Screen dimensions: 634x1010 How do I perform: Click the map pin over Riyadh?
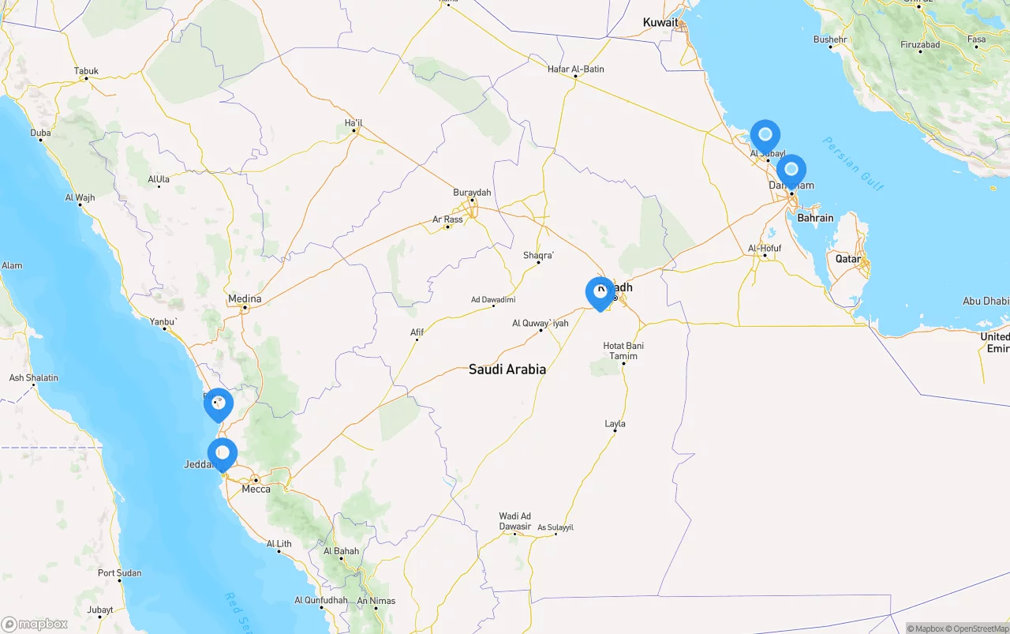(x=600, y=293)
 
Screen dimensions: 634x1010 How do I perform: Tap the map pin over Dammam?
(x=791, y=170)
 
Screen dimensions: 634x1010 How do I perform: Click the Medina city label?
(x=244, y=298)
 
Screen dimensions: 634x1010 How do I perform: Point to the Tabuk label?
(x=86, y=71)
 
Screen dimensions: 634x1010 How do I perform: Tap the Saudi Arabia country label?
(x=507, y=369)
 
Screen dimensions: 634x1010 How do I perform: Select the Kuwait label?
(x=660, y=22)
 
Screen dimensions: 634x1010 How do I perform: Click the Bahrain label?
(x=815, y=218)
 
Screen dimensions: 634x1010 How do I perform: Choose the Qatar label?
(x=848, y=258)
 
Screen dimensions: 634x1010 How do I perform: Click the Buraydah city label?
(x=472, y=193)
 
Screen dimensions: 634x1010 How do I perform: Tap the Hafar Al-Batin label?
(x=576, y=69)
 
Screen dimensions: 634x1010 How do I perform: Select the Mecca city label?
(x=256, y=489)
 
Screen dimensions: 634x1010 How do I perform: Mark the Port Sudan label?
(x=120, y=573)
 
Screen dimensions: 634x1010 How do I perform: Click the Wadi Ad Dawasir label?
(x=515, y=521)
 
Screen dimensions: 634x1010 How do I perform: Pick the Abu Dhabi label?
(x=986, y=301)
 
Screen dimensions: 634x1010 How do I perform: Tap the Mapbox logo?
(x=35, y=624)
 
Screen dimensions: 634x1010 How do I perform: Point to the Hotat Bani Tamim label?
(x=623, y=351)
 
